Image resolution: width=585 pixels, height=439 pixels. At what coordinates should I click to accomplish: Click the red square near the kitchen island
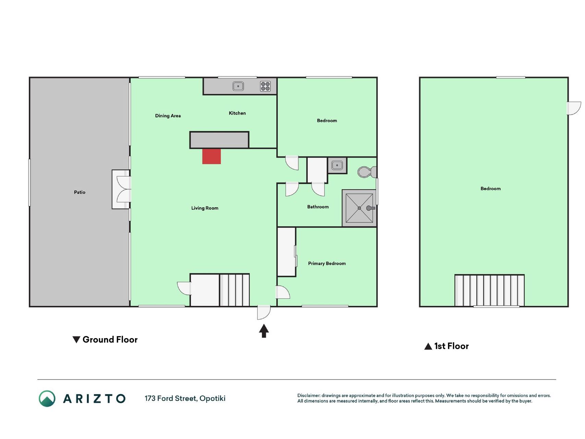tap(211, 156)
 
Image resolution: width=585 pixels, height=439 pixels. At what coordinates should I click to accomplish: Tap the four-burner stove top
tap(266, 86)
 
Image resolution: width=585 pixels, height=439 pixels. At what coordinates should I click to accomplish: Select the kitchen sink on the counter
tap(238, 86)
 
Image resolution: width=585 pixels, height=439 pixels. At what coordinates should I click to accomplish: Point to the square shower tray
tap(359, 208)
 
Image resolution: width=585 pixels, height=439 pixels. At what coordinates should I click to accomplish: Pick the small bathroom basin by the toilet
tap(337, 165)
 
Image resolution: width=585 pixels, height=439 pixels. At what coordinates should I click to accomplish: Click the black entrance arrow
tap(264, 331)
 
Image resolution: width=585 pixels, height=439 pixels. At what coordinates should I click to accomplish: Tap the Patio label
tap(80, 192)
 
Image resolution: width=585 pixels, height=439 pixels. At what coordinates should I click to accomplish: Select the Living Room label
tap(205, 208)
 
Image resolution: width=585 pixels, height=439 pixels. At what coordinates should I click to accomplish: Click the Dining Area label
tap(168, 116)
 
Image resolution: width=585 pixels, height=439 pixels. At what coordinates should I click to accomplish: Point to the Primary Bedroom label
tap(327, 263)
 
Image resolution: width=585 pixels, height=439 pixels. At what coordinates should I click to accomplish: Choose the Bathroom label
tap(318, 207)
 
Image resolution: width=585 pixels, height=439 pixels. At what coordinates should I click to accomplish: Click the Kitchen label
tap(237, 113)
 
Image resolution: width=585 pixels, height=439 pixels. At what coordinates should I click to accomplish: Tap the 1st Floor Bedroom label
tap(490, 189)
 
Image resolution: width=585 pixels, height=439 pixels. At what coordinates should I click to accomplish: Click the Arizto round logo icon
tap(47, 399)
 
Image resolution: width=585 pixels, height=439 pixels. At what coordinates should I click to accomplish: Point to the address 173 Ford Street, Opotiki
tap(185, 399)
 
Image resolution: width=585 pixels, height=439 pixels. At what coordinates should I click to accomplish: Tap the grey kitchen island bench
tap(219, 140)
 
